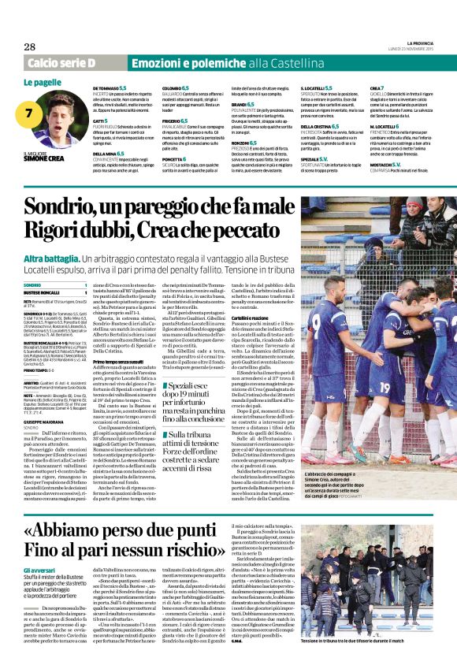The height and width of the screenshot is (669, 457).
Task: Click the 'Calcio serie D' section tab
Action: tap(61, 62)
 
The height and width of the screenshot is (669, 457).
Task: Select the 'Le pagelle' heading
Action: tap(43, 82)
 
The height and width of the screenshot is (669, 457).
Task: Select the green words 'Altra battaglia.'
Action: tap(52, 259)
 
